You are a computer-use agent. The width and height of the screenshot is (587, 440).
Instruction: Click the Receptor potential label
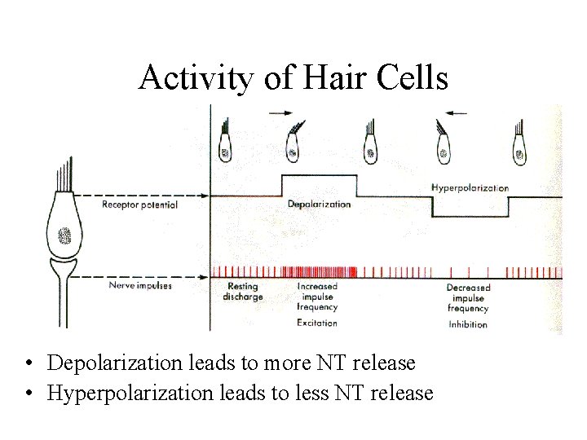click(139, 205)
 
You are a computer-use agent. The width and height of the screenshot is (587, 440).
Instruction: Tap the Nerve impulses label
click(140, 286)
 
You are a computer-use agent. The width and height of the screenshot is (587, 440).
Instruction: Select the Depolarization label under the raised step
click(319, 204)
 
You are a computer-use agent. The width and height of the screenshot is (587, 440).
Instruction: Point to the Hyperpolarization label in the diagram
click(470, 188)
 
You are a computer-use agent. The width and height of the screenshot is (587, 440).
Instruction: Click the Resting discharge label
click(242, 292)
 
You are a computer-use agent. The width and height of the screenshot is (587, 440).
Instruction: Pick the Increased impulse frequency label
click(317, 297)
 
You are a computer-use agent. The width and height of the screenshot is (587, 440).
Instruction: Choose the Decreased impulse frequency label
click(468, 298)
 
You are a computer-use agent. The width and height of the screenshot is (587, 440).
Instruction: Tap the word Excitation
click(317, 323)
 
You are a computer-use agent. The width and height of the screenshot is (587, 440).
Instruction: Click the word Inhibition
click(468, 324)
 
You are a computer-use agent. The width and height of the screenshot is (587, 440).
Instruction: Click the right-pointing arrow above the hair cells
click(284, 112)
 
